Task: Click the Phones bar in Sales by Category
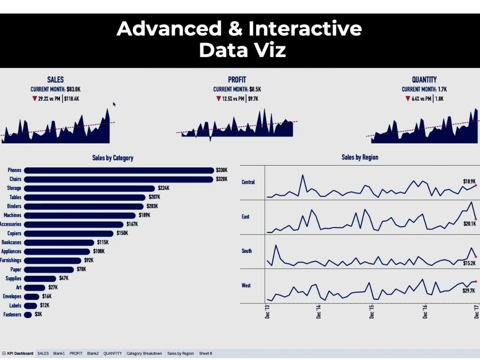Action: (119, 170)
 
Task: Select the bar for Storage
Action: (89, 189)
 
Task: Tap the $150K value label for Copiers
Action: (122, 233)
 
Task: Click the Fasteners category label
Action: (12, 315)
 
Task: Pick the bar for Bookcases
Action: (59, 242)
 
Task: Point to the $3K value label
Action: (38, 315)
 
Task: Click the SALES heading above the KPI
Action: (55, 80)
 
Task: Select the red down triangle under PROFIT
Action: (218, 99)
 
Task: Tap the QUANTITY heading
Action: (424, 80)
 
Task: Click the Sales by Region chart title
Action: (360, 157)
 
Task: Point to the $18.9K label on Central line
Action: (469, 181)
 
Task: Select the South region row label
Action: (246, 251)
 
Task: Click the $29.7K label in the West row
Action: (468, 291)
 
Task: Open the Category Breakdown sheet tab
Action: (144, 354)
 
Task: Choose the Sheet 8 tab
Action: (205, 354)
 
